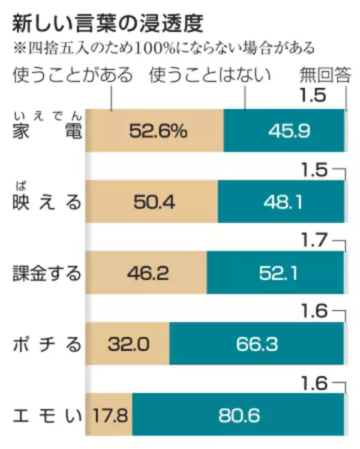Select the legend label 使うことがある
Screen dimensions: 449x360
[x=73, y=75]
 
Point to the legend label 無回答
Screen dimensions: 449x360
[x=325, y=75]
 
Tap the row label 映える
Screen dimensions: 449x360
[x=47, y=202]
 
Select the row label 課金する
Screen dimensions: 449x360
[x=47, y=273]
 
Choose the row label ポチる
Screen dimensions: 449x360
[x=47, y=344]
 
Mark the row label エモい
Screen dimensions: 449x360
[x=47, y=415]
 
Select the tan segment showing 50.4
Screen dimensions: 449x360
[x=151, y=202]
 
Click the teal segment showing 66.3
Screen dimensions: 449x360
[x=257, y=344]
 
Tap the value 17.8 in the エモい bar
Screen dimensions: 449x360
[x=109, y=415]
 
